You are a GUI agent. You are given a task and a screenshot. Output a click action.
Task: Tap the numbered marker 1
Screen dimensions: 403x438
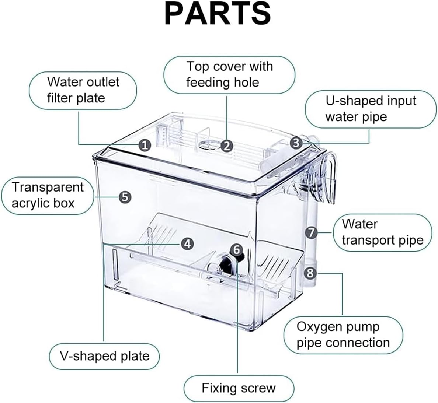[x=145, y=145]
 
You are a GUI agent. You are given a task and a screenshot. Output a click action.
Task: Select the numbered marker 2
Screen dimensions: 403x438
[x=227, y=146]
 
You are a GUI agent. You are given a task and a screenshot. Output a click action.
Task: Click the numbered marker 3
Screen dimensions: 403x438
[x=296, y=143]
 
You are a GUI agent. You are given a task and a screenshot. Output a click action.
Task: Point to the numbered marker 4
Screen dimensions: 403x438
[x=187, y=243]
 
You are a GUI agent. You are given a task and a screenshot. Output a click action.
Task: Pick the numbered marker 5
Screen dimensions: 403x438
[x=125, y=197]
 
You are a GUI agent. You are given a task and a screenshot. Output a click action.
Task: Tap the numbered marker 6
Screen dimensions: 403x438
[x=237, y=250]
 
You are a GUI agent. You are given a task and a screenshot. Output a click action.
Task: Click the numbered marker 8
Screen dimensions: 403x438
[x=310, y=273]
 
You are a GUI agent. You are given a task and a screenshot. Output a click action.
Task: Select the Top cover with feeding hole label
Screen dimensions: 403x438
[x=229, y=74]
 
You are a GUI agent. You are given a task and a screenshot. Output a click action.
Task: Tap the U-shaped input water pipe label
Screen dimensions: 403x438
[x=370, y=109]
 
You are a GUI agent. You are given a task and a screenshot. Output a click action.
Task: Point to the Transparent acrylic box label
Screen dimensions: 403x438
[x=48, y=195]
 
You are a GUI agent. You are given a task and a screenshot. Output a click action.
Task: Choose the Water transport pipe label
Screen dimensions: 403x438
[x=382, y=232]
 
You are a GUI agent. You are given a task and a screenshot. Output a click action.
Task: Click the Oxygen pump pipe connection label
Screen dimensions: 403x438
[x=343, y=335]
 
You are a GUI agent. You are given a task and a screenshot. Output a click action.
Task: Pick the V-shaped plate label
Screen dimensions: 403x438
[x=104, y=356]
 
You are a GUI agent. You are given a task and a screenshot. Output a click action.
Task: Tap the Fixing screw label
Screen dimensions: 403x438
[x=239, y=388]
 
